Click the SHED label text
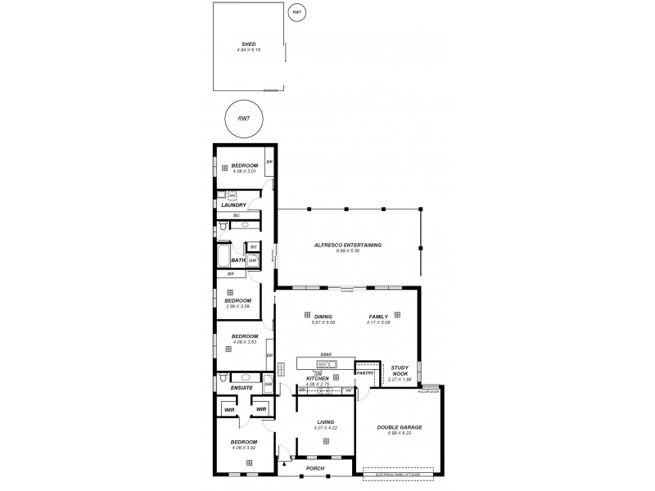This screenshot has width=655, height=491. [248, 44]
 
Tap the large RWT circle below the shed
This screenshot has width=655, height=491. [243, 119]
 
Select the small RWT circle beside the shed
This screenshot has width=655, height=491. [296, 12]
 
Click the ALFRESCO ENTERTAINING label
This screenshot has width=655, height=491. [348, 245]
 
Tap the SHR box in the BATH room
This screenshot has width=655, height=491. [252, 260]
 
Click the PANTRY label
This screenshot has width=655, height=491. [365, 373]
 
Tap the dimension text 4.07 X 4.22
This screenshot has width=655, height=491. [325, 428]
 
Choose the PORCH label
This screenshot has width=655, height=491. [314, 469]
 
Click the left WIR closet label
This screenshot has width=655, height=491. [229, 409]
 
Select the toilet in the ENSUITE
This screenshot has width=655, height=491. [222, 380]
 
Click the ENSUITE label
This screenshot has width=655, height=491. [242, 388]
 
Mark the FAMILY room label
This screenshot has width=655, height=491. [379, 316]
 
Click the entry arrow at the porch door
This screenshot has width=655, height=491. [283, 463]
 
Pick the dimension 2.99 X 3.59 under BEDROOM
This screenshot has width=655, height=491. [238, 306]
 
